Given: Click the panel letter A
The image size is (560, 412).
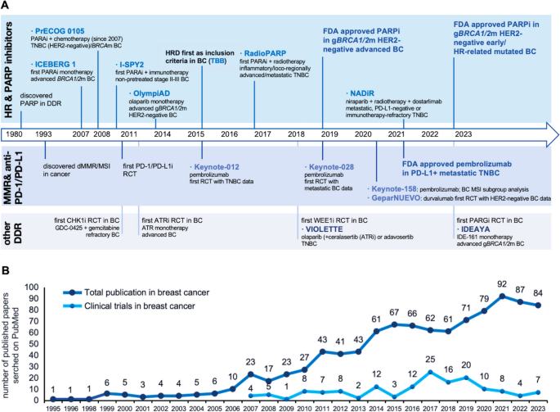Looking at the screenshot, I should pyautogui.click(x=7, y=7).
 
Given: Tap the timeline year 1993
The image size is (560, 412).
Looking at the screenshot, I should pyautogui.click(x=46, y=134).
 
